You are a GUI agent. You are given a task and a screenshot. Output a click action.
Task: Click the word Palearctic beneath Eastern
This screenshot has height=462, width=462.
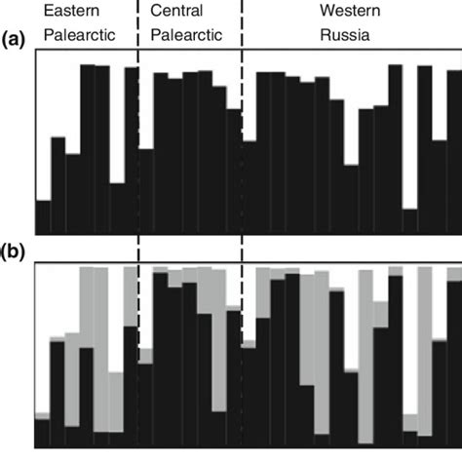point(79,38)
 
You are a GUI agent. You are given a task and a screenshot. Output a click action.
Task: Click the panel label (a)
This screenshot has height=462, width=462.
point(13,39)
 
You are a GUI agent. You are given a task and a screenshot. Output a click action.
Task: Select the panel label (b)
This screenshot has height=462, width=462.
point(13,252)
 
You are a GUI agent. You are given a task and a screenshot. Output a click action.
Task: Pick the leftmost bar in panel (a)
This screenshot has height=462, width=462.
point(42,216)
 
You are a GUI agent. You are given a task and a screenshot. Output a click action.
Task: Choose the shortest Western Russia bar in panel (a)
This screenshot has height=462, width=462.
point(409,221)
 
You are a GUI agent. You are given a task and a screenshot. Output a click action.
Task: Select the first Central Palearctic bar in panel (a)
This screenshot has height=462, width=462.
point(146,191)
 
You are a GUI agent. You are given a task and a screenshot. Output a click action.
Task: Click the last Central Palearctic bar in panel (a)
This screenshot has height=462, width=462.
point(234,171)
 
